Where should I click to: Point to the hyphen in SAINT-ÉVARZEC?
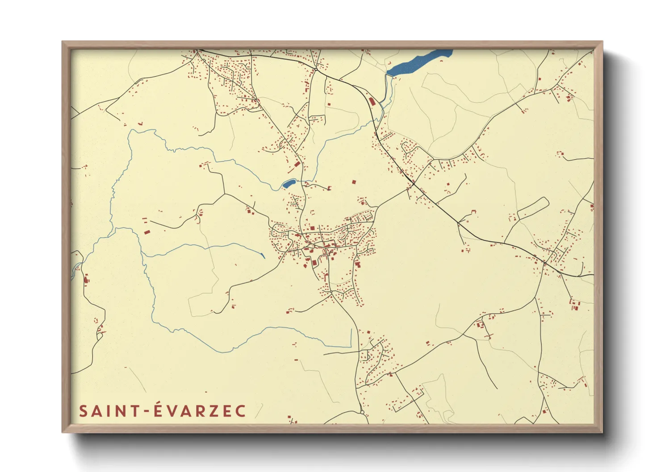[x=147, y=412]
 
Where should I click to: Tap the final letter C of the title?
[x=241, y=411]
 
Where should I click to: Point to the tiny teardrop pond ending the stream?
[x=263, y=256]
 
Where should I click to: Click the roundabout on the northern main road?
[x=315, y=70]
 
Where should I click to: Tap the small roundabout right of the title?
[x=362, y=413]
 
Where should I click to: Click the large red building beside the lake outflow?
[x=372, y=101]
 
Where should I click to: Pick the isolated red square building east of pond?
[x=354, y=182]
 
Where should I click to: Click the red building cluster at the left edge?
[x=86, y=279]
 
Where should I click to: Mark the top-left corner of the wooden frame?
[x=63, y=42]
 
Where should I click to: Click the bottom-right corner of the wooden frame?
[x=602, y=432]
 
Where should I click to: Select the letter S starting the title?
[x=83, y=411]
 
